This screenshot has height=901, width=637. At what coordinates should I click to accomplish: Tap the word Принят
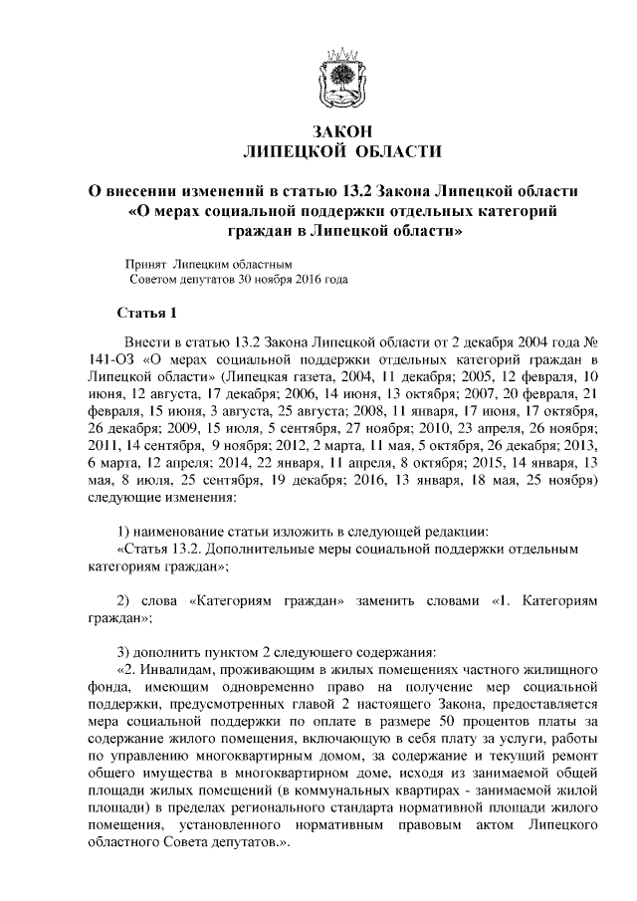(145, 265)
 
